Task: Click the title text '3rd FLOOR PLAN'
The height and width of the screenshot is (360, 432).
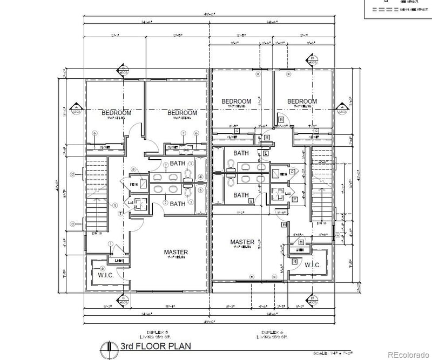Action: pyautogui.click(x=154, y=345)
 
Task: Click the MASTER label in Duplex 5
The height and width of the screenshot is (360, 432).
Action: pyautogui.click(x=176, y=252)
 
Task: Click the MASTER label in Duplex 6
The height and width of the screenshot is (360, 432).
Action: pyautogui.click(x=242, y=242)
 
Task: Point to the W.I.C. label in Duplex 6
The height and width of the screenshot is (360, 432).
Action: pyautogui.click(x=312, y=265)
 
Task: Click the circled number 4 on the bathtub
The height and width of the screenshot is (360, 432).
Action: pyautogui.click(x=200, y=176)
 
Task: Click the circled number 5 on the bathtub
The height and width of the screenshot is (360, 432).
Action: pyautogui.click(x=200, y=189)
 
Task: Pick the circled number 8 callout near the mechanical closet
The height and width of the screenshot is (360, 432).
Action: pyautogui.click(x=133, y=171)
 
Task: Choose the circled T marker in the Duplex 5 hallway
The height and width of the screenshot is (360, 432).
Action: pyautogui.click(x=120, y=214)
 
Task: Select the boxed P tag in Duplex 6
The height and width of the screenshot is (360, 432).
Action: pyautogui.click(x=295, y=199)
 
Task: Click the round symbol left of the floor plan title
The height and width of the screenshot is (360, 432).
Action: pyautogui.click(x=110, y=346)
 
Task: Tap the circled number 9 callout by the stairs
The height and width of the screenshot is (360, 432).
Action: pyautogui.click(x=114, y=205)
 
